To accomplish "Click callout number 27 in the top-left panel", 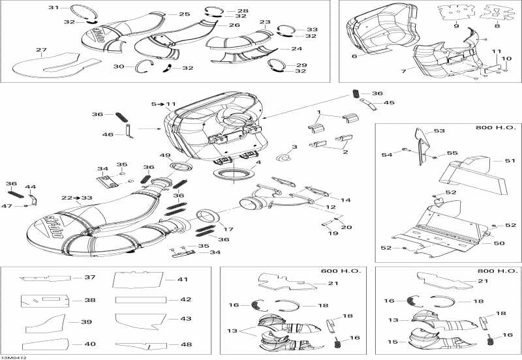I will point(41,50).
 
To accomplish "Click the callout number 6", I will point(373,57).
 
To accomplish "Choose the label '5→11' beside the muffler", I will point(164,104).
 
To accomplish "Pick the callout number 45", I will point(389,102).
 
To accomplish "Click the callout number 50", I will point(498,243).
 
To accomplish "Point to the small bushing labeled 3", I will point(284,158).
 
